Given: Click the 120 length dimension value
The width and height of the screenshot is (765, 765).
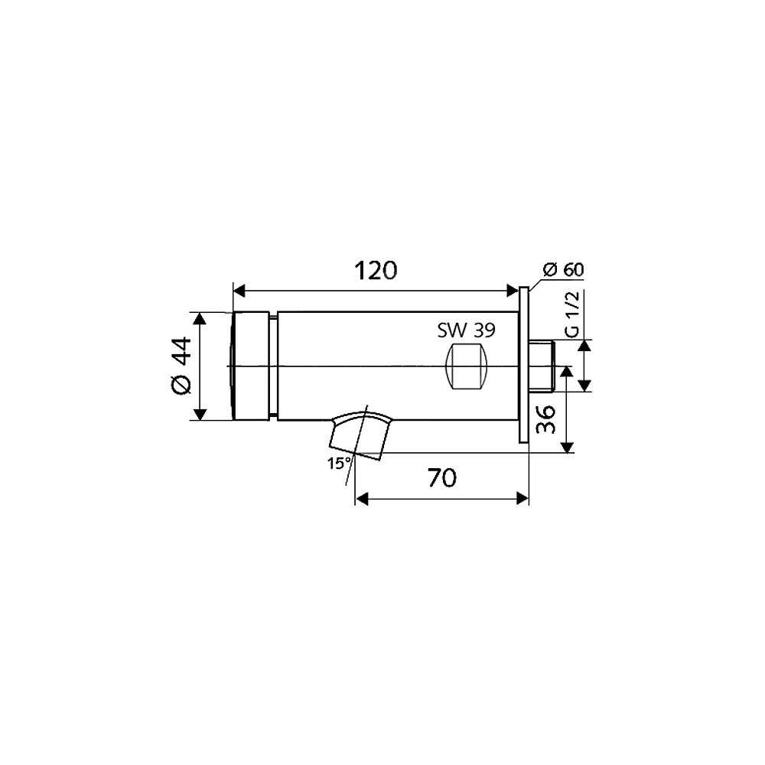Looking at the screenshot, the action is (375, 270).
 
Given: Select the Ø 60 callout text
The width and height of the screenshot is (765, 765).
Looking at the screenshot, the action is (563, 269).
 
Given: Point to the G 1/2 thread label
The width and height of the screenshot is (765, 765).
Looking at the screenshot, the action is (571, 314).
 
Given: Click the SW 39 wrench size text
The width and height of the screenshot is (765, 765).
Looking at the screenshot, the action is (466, 330).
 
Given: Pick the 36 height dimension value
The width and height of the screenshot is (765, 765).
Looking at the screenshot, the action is (545, 419).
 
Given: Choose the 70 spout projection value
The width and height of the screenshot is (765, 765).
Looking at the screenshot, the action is (442, 477).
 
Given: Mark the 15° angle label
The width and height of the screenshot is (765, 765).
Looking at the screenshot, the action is (339, 463).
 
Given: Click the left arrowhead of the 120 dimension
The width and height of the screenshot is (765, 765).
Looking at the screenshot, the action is (239, 291).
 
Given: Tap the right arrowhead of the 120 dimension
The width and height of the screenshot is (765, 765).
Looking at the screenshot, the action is (513, 291).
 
